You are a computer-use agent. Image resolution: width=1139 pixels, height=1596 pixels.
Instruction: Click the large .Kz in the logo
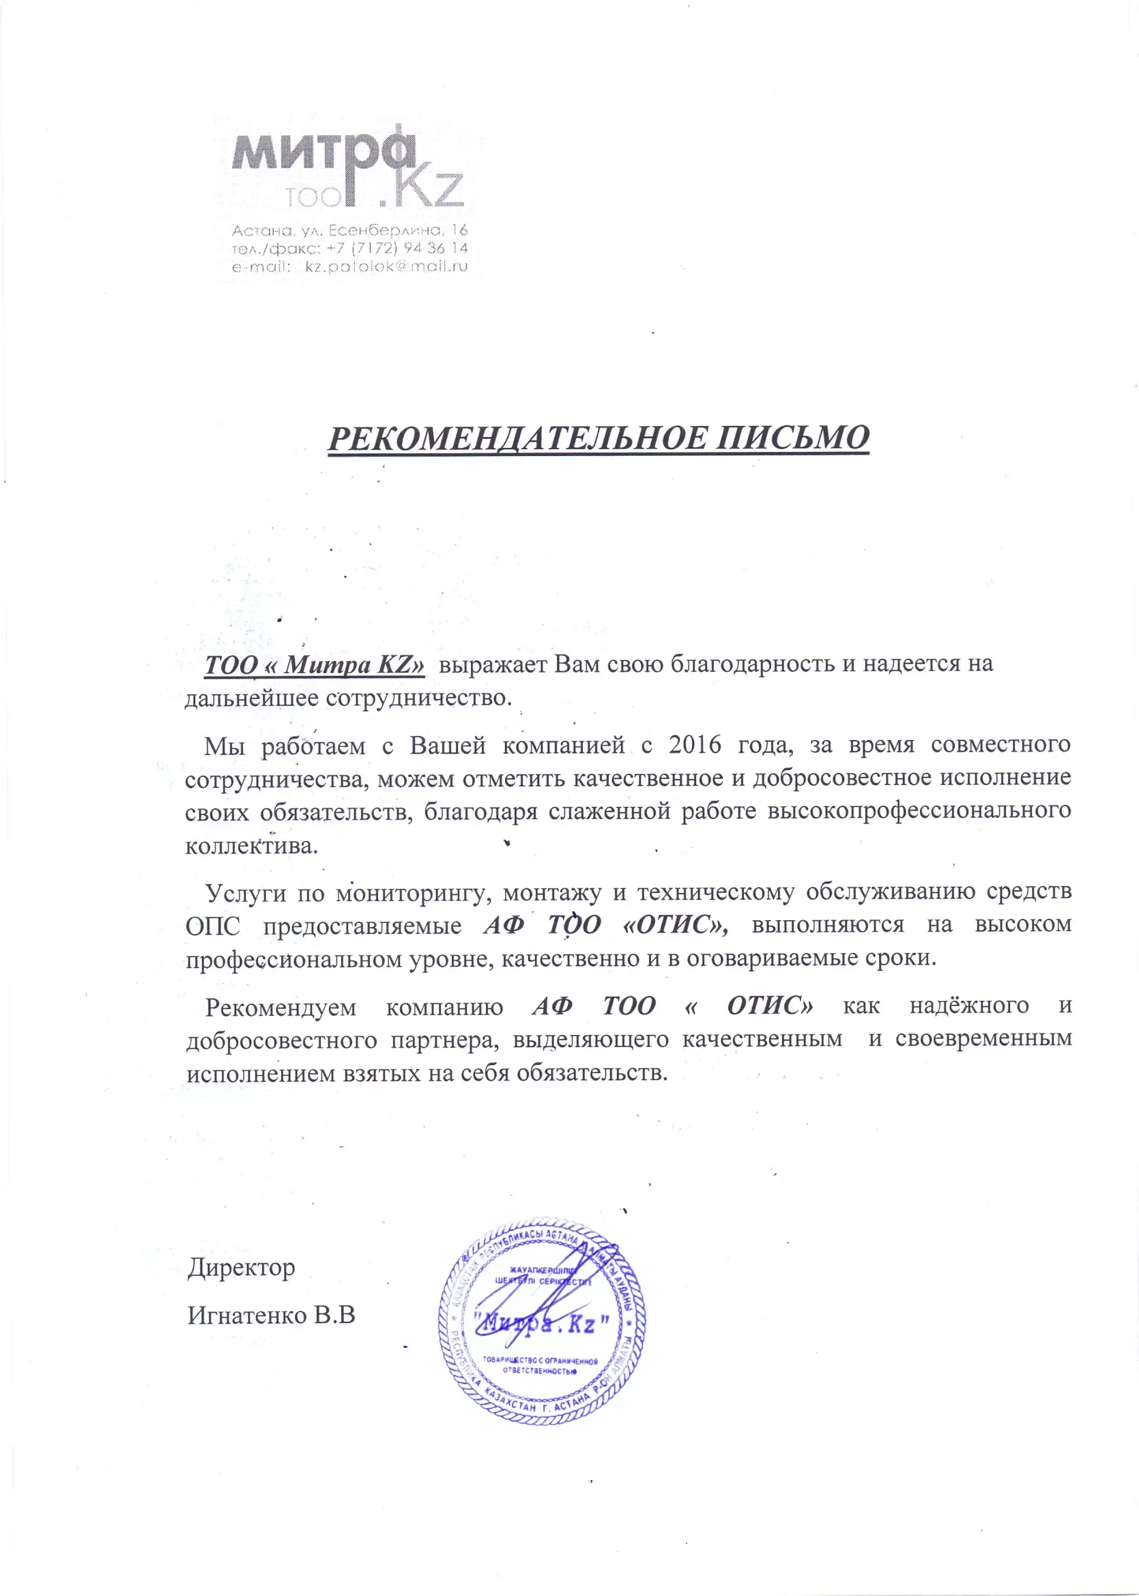[x=421, y=188]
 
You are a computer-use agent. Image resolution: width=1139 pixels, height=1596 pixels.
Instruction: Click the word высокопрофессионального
[x=919, y=811]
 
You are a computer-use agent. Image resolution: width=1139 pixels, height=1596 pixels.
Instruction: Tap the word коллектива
[x=251, y=845]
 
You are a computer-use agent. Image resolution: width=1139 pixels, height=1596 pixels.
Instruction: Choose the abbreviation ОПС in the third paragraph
[x=212, y=926]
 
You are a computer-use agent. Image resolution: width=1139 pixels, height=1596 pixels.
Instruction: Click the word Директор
[x=242, y=1268]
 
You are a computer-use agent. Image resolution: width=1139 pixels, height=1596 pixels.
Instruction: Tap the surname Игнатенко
[x=247, y=1315]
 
